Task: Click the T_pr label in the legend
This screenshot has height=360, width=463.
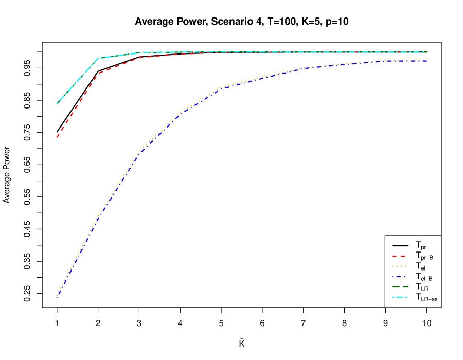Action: tap(421, 246)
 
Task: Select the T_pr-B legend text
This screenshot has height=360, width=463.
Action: tap(424, 256)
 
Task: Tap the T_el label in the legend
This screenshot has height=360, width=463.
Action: tap(421, 267)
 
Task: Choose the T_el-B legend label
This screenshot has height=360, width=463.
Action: tap(424, 277)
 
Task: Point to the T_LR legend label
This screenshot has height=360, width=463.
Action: tap(422, 287)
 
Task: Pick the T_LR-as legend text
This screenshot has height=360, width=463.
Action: tap(426, 297)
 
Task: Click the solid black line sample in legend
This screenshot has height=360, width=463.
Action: tap(400, 245)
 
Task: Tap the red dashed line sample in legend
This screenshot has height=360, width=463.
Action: tap(400, 256)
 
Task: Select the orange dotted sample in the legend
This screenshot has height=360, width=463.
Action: tap(400, 266)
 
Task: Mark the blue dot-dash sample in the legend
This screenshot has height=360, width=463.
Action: tap(400, 276)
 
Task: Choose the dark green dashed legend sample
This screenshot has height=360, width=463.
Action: tap(400, 286)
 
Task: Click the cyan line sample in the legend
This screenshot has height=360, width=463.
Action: tap(400, 297)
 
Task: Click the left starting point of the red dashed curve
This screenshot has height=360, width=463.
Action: tap(57, 137)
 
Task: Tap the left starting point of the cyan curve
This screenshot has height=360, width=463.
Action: tap(57, 103)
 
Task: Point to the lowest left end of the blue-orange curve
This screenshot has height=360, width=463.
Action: tap(57, 296)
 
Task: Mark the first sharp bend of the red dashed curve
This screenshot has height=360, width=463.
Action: tap(98, 73)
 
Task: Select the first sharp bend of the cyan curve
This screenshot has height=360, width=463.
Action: tap(98, 58)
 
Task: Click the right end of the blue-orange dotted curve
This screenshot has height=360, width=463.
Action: tap(426, 61)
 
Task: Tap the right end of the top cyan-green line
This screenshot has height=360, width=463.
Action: tap(426, 52)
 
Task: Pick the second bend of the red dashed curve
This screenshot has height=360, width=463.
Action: tap(139, 58)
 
